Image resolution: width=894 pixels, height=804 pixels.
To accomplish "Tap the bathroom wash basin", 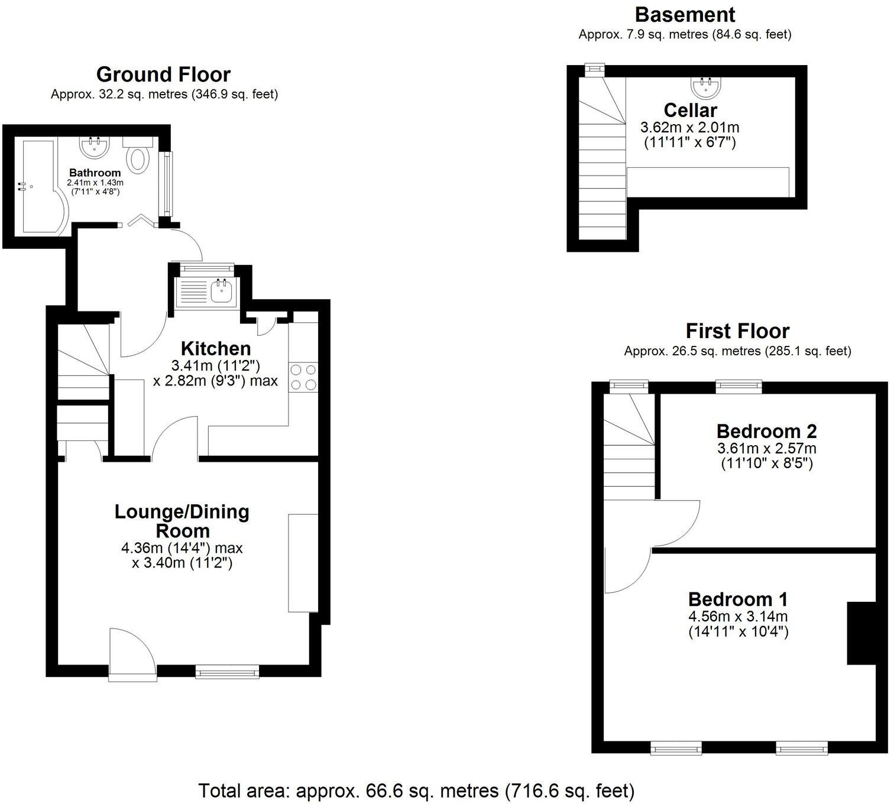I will coord(94,147).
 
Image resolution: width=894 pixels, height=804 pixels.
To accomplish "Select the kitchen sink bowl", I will coord(222,290).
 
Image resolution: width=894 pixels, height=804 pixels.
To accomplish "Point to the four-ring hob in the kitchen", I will coord(303,377).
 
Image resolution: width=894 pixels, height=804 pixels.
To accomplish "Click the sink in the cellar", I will coord(706,87).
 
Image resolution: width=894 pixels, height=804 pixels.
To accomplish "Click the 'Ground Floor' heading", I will coord(163,74).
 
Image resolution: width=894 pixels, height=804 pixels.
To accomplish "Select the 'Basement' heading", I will coord(685,14).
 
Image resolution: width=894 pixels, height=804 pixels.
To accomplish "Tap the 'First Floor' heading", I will coord(737,330).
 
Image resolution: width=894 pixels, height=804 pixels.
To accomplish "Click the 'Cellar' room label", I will coord(690,110).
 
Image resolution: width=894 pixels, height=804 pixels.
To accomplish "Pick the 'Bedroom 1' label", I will coord(738,599).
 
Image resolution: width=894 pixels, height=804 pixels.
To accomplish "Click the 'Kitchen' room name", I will coord(216,348).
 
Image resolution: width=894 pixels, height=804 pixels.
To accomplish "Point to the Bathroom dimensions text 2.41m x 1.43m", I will coord(95,183).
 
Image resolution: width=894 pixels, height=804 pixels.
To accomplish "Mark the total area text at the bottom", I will coord(416,790).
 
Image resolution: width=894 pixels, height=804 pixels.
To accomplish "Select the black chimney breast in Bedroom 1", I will coord(861,633).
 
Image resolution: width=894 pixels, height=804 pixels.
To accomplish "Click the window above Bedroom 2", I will coord(738,387).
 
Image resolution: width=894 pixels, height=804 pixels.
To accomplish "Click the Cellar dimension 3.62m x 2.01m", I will coord(689,127).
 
